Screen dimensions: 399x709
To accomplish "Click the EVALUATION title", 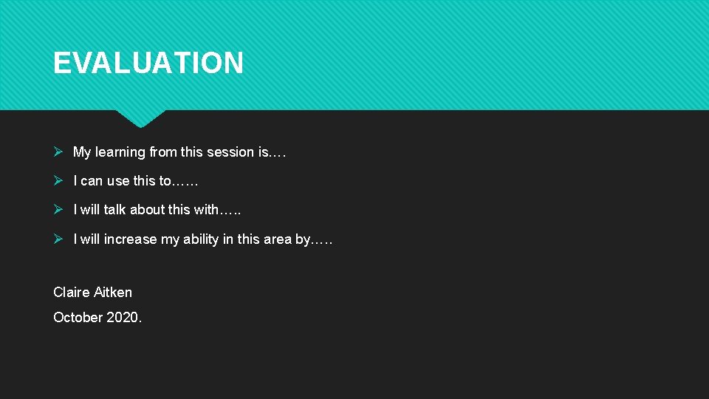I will pos(148,64).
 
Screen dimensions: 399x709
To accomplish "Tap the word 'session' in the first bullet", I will pos(230,152).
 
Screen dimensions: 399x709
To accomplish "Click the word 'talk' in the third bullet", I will pos(114,210).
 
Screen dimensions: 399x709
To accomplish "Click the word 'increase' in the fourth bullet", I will pos(131,239).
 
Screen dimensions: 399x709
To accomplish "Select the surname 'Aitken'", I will pos(113,293).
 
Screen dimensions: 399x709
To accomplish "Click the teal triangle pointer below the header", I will pos(140,118).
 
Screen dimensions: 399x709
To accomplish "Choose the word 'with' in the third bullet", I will pos(206,210).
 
